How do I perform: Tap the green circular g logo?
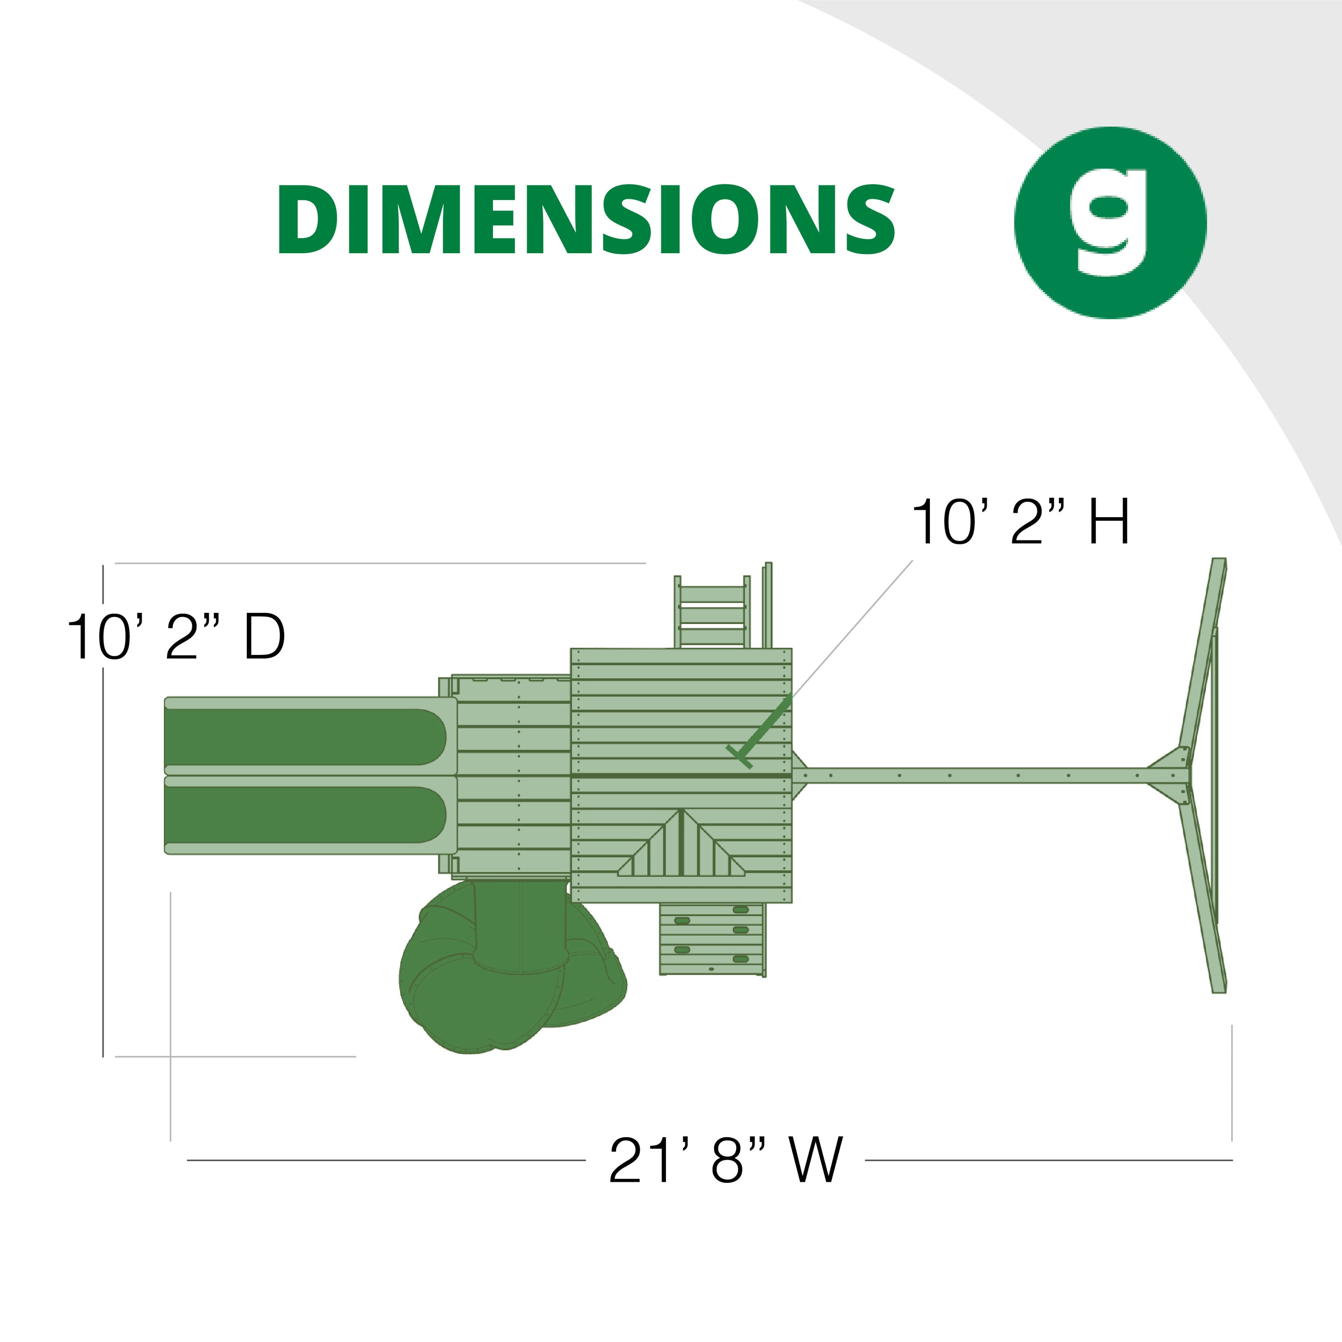(1110, 222)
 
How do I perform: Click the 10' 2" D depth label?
(176, 637)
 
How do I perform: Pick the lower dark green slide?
(306, 814)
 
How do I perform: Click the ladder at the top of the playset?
(713, 611)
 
